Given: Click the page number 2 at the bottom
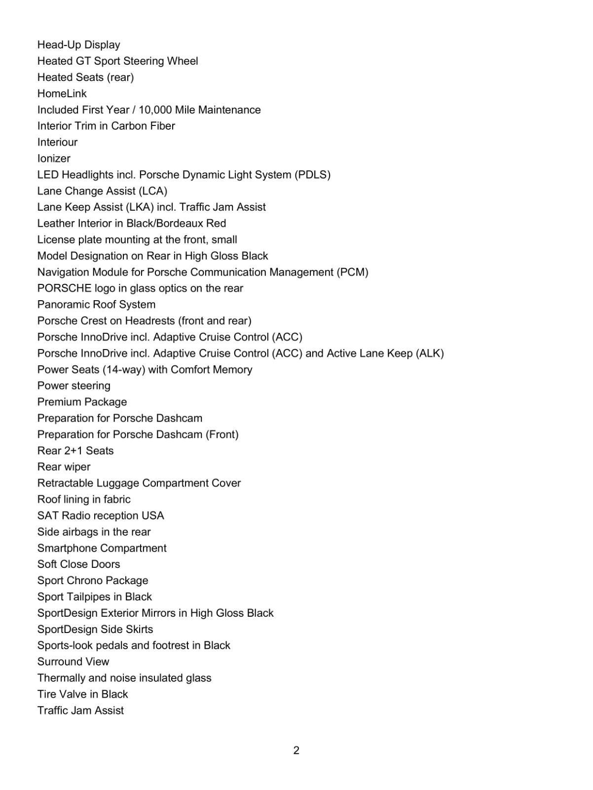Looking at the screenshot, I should coord(296,750).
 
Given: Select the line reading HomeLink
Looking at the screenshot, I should coord(62,93).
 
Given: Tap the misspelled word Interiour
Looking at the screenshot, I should coord(57,142).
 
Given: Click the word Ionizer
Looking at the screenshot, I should coord(54,158).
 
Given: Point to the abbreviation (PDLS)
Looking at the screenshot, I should coord(312,175).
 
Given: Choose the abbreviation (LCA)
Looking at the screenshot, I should coord(153,191).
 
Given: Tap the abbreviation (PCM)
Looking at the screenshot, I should coord(352,272).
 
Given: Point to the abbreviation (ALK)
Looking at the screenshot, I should coord(430,354).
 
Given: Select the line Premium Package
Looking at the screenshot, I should coord(82,402).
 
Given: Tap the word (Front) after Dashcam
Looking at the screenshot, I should coord(222,434).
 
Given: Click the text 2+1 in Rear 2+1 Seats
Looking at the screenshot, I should coord(75,451).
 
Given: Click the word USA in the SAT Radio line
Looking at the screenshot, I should coord(152,515).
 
